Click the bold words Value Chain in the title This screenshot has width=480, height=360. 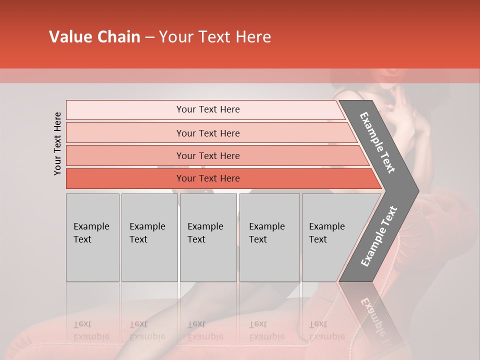click(94, 37)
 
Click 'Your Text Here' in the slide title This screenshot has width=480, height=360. click(215, 37)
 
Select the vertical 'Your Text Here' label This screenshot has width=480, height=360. click(57, 143)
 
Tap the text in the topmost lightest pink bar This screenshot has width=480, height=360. click(208, 109)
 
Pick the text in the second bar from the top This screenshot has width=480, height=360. click(208, 133)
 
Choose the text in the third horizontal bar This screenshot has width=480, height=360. click(208, 155)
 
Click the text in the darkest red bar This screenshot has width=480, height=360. click(208, 178)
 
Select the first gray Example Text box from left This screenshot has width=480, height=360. click(92, 237)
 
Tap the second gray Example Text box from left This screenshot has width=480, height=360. click(149, 237)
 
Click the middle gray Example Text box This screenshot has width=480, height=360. click(208, 237)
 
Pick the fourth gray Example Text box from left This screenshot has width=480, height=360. click(269, 237)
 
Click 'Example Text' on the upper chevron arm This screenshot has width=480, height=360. click(378, 142)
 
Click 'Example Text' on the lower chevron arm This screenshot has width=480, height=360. click(379, 236)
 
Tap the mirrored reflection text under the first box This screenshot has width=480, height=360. click(91, 330)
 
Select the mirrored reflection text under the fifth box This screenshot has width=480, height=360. click(326, 330)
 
